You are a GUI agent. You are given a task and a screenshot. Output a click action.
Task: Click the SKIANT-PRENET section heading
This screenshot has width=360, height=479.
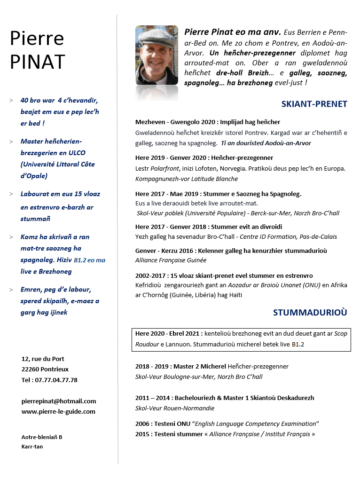click(x=314, y=104)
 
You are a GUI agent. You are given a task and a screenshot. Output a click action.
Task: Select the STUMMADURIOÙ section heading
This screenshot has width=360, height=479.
click(x=310, y=312)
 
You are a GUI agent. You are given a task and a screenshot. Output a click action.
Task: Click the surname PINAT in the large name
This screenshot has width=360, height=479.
click(x=38, y=61)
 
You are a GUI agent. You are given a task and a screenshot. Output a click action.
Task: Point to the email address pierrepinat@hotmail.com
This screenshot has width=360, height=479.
click(x=59, y=401)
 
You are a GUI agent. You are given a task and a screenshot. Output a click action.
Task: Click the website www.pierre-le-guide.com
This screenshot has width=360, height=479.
click(x=58, y=411)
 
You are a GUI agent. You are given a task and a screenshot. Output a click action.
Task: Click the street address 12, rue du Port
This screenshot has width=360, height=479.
click(x=43, y=359)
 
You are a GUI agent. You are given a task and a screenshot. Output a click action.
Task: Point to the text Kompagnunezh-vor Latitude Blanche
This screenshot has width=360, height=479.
click(x=187, y=179)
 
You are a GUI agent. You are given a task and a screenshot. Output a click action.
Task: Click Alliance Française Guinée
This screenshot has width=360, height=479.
click(x=171, y=260)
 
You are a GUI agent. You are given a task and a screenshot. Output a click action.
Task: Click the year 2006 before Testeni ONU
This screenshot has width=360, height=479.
click(x=142, y=424)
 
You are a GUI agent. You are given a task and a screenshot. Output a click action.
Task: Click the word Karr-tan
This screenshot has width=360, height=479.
click(x=32, y=447)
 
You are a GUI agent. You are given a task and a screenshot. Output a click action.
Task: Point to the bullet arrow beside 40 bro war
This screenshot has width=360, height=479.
click(x=11, y=101)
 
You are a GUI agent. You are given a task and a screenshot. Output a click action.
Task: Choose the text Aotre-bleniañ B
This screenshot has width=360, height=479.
click(x=42, y=437)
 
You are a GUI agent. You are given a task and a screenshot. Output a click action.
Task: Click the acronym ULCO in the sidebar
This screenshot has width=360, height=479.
click(x=76, y=153)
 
